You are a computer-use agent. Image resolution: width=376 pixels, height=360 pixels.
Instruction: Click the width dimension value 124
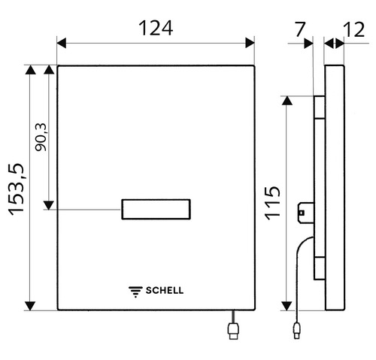coord(156,28)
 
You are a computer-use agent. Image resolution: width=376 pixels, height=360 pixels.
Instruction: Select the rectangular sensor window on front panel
coord(156,210)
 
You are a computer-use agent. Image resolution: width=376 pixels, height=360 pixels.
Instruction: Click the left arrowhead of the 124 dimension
coord(62,44)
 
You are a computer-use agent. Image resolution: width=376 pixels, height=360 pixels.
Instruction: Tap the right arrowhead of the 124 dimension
coord(250,44)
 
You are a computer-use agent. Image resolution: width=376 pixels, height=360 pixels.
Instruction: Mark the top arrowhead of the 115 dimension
coord(287,101)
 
